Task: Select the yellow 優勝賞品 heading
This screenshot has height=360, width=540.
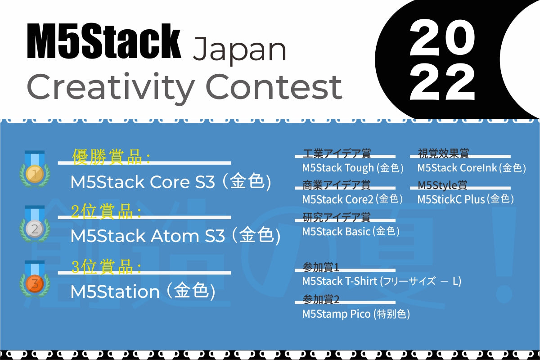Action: point(111,156)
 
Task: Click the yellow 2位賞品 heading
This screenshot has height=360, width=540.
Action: point(106,211)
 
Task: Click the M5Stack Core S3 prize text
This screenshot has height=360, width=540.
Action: point(171,182)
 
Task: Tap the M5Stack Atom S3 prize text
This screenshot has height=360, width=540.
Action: point(175,236)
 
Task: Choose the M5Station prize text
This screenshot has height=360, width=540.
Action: point(143,292)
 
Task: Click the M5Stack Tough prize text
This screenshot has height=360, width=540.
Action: point(353,168)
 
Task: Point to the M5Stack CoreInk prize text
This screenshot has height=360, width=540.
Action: point(471,168)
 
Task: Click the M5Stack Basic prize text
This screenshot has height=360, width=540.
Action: point(351,232)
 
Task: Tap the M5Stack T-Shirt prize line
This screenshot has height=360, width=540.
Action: point(382,282)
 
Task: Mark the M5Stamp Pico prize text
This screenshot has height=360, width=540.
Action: point(356,314)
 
